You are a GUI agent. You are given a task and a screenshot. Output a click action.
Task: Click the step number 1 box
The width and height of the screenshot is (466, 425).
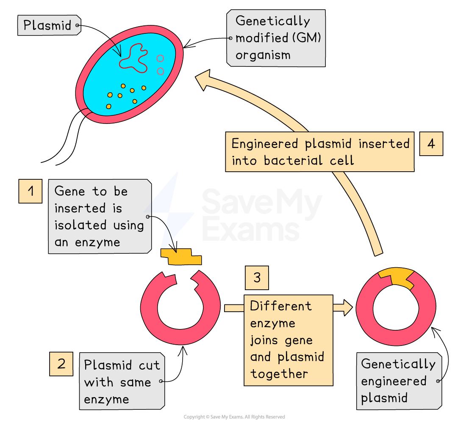(31, 191)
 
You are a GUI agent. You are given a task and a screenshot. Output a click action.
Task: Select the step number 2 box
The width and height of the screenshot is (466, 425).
(61, 364)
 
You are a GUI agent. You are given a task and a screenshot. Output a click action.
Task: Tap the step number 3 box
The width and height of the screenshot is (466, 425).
(257, 278)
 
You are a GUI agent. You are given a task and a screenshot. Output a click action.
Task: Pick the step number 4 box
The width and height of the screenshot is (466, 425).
(431, 144)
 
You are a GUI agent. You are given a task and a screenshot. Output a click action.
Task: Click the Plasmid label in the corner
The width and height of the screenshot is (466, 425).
(47, 25)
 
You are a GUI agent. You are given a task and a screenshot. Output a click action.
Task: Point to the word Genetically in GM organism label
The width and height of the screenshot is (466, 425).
(272, 21)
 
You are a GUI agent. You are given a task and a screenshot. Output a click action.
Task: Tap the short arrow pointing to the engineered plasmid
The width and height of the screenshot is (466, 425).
(343, 307)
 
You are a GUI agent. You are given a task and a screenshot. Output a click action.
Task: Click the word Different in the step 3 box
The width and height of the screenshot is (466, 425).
(280, 306)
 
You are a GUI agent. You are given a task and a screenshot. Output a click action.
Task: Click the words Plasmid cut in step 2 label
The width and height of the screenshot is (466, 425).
(122, 365)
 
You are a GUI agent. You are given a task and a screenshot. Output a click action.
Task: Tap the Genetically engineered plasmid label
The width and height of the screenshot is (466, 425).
(398, 381)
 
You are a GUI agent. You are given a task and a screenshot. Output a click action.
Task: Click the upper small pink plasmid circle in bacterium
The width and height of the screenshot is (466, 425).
(160, 58)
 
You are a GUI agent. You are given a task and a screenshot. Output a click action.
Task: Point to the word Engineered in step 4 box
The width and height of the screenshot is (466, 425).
(265, 144)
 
